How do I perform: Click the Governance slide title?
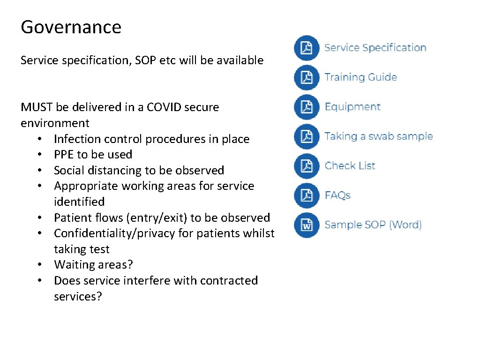[71, 27]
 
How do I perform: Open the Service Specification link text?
[375, 48]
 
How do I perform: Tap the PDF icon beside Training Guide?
[307, 77]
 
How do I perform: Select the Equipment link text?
[352, 107]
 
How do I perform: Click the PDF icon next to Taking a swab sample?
[307, 136]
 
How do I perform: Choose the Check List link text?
[350, 166]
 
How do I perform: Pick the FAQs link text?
[337, 195]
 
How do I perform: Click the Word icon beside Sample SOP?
[307, 225]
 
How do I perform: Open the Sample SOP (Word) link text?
[373, 225]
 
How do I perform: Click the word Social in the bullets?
[68, 171]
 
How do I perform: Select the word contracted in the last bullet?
[229, 281]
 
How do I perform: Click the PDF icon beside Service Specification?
[307, 48]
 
